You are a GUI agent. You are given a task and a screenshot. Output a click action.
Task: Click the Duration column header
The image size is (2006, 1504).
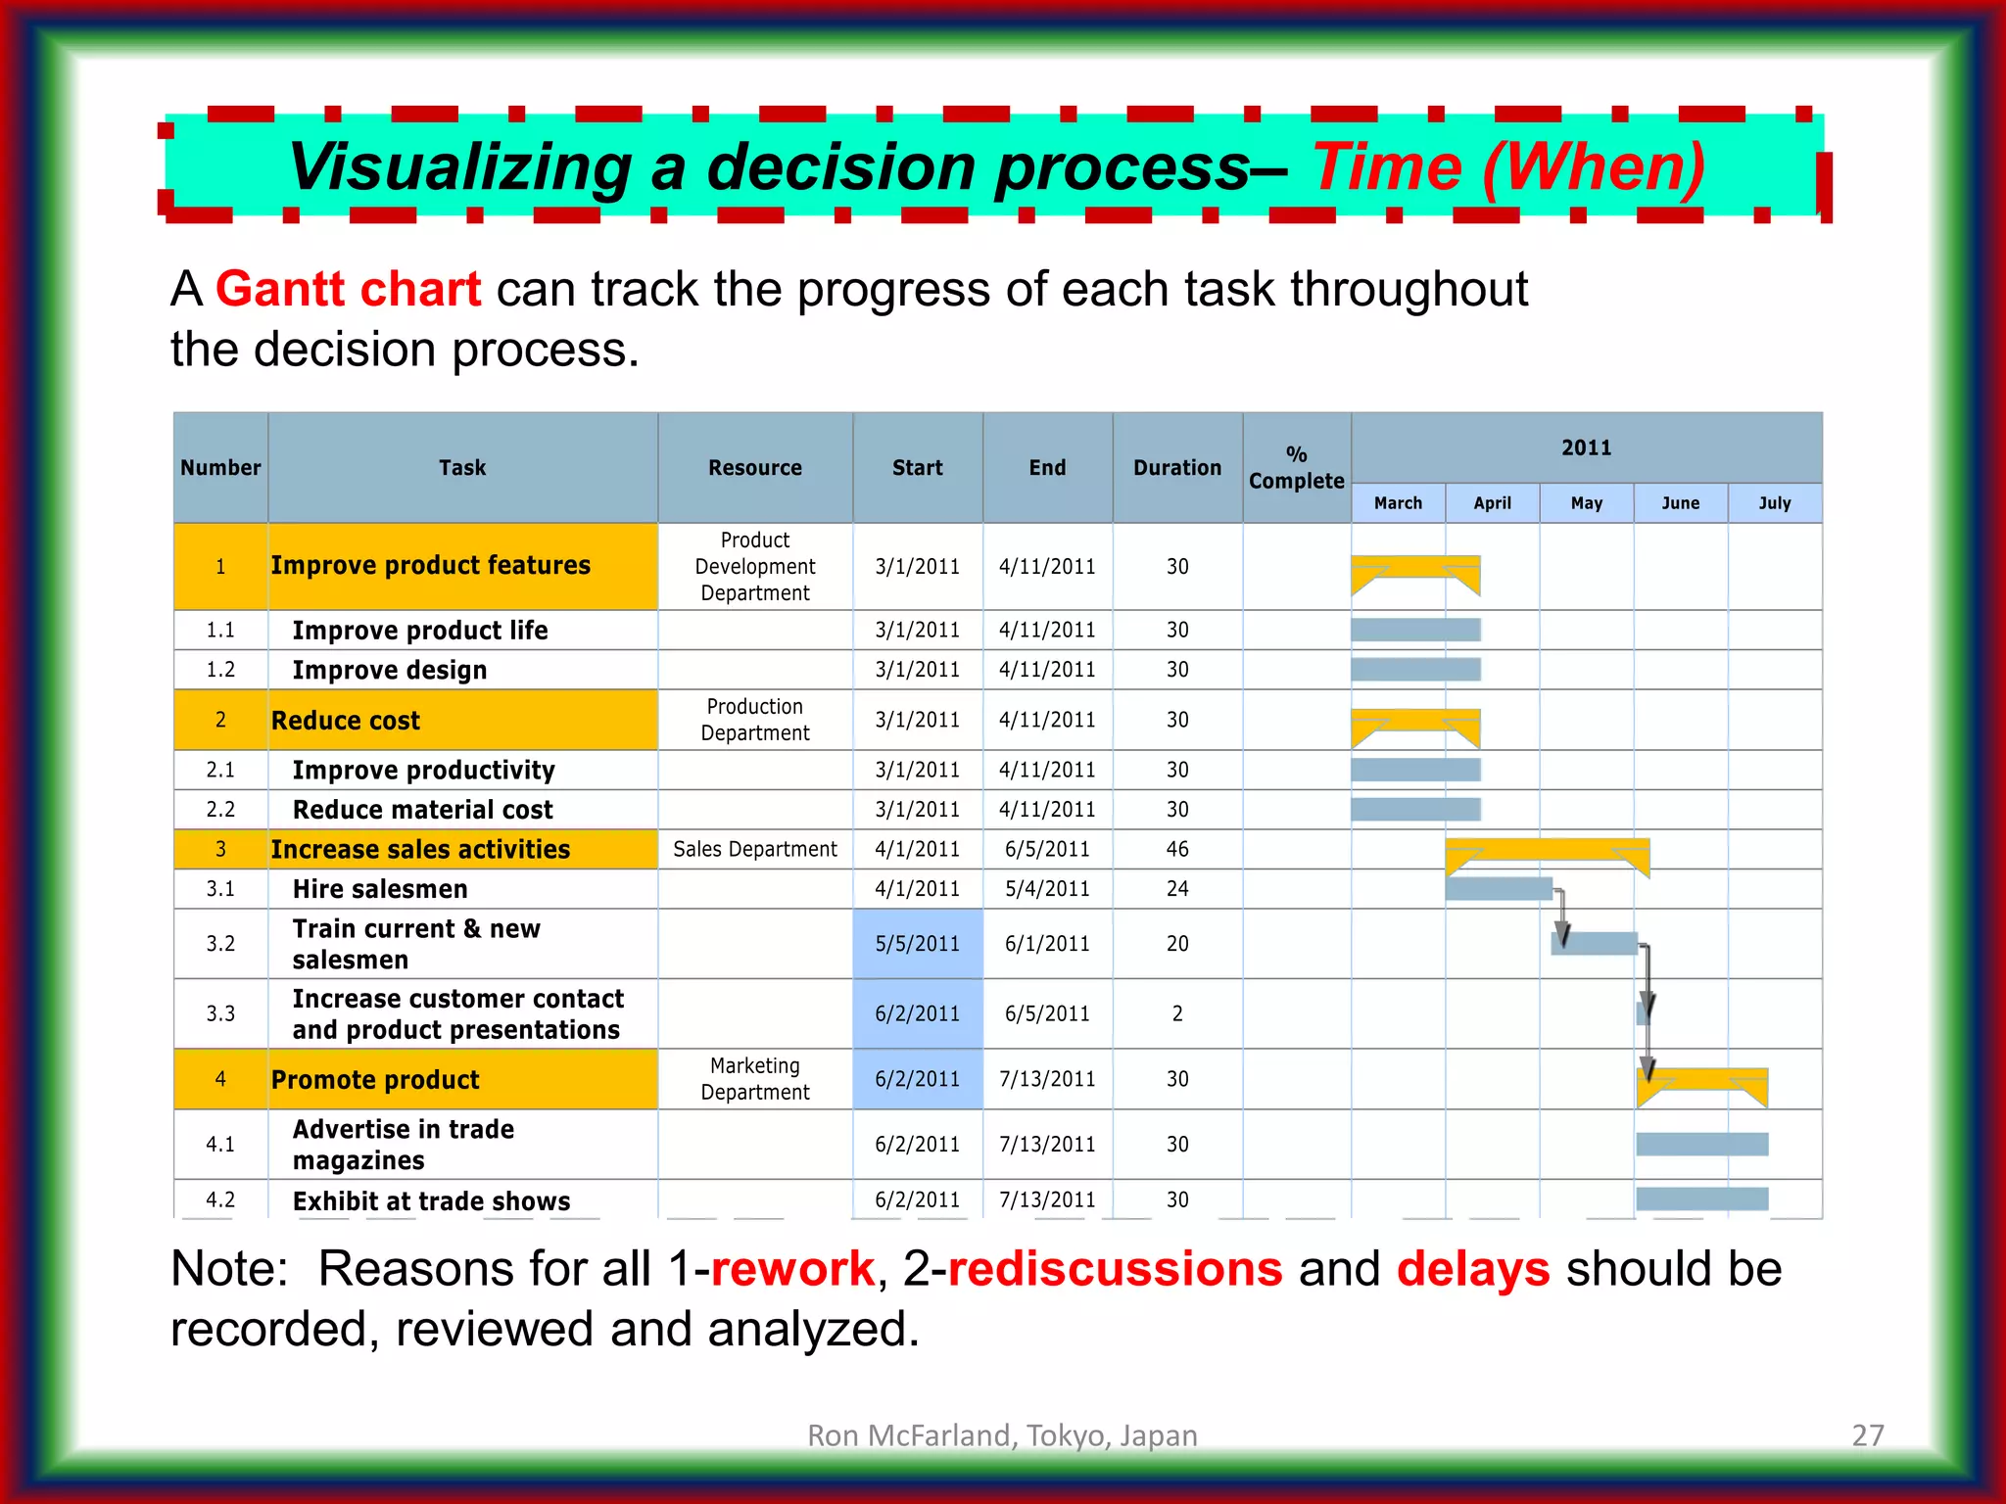[1176, 468]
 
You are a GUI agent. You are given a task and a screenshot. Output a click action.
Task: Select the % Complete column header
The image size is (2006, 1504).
[1296, 468]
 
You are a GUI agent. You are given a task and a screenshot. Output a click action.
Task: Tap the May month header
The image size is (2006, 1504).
[1586, 503]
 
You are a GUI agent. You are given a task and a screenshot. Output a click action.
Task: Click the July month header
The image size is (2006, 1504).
[1774, 503]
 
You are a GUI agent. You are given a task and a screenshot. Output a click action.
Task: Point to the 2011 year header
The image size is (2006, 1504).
[1586, 447]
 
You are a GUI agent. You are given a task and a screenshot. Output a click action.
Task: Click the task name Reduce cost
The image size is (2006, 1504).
[346, 721]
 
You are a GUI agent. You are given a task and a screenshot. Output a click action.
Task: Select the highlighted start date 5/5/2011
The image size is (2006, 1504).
[917, 944]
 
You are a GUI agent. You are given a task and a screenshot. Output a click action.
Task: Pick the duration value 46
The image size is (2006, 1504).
[1176, 849]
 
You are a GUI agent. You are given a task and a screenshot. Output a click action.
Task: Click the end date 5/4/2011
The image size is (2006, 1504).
[1047, 889]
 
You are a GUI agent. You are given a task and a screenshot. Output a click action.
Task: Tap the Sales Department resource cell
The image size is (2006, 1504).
[754, 849]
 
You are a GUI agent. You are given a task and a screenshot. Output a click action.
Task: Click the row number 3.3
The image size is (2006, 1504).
[220, 1013]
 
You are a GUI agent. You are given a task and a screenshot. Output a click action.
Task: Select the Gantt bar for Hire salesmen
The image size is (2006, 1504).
[1498, 889]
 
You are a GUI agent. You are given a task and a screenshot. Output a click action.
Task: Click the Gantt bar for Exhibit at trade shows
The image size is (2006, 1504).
[1701, 1198]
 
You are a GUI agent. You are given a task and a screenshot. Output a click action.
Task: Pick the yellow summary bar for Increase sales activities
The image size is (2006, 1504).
[1547, 849]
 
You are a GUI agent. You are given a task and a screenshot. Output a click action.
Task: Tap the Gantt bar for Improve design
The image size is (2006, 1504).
[1415, 670]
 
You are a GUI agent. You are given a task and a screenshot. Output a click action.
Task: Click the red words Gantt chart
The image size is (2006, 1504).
[348, 290]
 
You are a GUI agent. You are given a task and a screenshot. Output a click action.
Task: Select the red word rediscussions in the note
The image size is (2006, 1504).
[1115, 1269]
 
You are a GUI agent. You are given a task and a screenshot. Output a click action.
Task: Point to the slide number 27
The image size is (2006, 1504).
[1867, 1435]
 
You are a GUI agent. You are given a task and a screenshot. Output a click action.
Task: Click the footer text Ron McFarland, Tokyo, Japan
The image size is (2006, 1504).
[1002, 1435]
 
